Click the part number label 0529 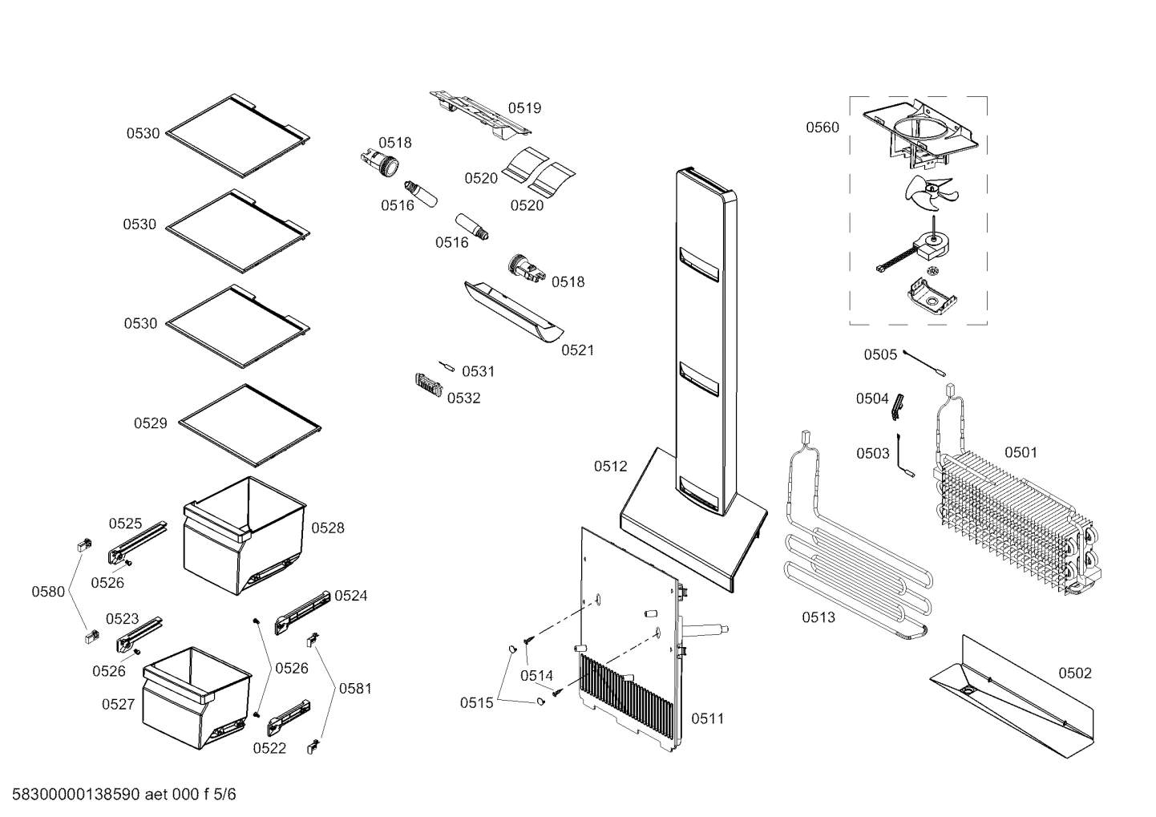150,423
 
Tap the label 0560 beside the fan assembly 823,127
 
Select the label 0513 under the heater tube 818,617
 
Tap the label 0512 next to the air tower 610,467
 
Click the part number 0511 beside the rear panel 707,718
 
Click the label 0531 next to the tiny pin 479,372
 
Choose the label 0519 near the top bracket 524,108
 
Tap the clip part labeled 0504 899,406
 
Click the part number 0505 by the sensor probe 880,354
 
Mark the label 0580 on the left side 48,593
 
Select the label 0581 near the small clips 355,688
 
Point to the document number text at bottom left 120,795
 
